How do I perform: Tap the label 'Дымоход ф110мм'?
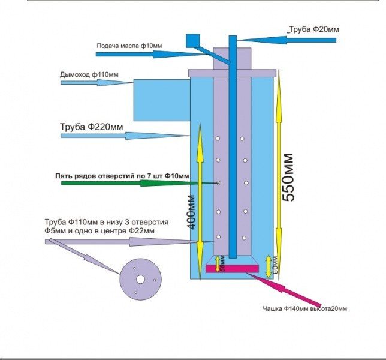(89, 74)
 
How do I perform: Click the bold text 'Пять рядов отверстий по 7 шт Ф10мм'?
(122, 176)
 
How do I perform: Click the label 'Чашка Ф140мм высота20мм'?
(304, 309)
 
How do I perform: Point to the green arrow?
(138, 182)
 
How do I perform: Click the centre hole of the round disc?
(140, 279)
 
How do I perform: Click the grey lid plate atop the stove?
(231, 73)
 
